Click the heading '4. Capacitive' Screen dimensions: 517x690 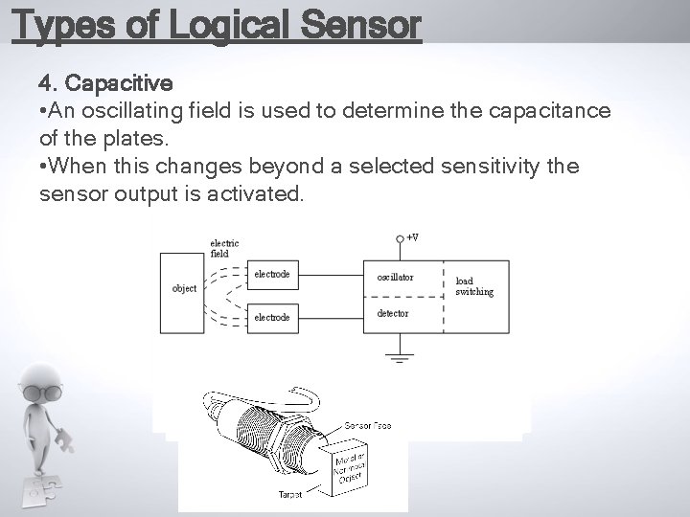pos(104,83)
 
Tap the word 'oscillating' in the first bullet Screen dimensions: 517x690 pos(134,111)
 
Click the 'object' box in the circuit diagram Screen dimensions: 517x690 pos(184,288)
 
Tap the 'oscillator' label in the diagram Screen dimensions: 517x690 pos(395,277)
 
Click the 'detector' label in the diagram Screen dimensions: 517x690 pos(393,313)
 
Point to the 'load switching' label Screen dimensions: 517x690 pos(474,286)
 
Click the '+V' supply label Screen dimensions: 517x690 pos(412,236)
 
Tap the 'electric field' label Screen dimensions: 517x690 pos(224,249)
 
